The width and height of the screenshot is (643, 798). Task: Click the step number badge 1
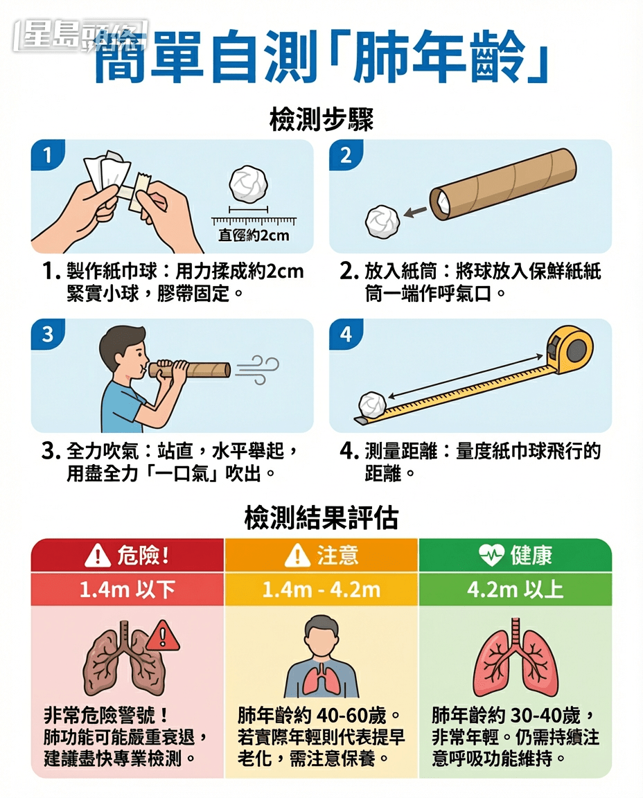pos(47,156)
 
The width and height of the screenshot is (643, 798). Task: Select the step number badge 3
pos(47,335)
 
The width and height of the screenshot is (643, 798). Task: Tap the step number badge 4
pos(346,335)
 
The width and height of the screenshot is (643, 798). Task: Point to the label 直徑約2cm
pos(254,236)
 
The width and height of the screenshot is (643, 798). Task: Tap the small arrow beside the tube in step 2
pos(415,211)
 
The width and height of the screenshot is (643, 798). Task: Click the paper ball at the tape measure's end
pos(371,405)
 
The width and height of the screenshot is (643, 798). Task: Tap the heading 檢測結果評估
pos(321,517)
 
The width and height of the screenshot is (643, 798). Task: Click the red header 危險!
pos(127,555)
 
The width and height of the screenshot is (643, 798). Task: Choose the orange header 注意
pos(321,555)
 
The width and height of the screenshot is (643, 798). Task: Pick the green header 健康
pos(516,555)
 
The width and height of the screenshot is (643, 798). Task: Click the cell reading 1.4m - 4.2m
pos(321,589)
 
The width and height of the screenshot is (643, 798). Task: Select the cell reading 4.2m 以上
pos(516,589)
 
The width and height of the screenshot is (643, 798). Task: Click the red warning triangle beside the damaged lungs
pos(164,635)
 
